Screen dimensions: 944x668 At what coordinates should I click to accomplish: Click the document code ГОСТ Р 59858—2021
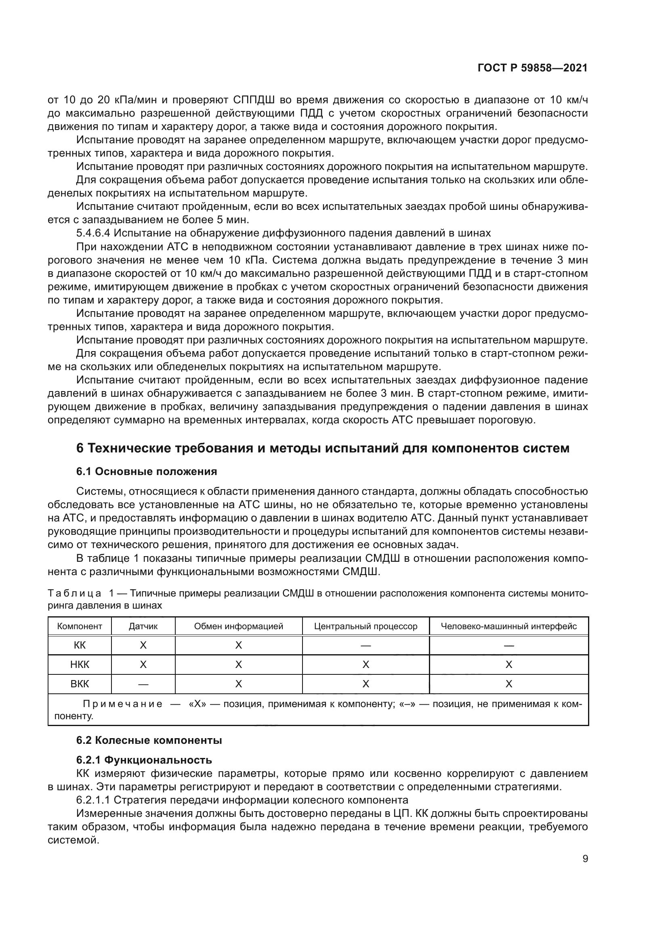click(532, 68)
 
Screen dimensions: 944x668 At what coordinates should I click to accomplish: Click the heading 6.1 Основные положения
click(147, 471)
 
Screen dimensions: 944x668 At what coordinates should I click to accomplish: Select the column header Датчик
click(143, 626)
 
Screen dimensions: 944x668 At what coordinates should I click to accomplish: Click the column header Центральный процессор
click(365, 626)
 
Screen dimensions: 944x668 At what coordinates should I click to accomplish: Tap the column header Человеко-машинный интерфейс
click(508, 626)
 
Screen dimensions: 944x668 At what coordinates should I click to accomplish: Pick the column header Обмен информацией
click(239, 626)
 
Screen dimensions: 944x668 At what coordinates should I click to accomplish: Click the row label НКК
click(80, 665)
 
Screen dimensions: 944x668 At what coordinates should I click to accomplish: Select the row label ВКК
click(80, 684)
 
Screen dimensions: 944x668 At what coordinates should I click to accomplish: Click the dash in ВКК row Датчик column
click(143, 684)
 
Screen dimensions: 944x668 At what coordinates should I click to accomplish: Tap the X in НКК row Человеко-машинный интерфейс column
click(508, 665)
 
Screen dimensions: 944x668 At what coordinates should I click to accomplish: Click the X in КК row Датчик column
click(143, 645)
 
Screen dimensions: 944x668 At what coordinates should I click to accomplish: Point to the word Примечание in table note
click(123, 704)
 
